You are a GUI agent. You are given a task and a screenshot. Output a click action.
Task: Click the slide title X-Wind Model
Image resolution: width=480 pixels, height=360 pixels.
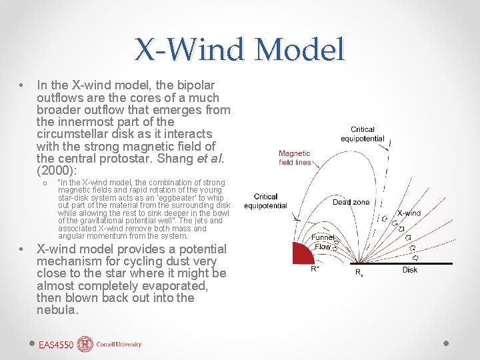(x=240, y=49)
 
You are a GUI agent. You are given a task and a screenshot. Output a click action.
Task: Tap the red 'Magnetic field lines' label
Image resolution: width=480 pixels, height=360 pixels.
(x=295, y=158)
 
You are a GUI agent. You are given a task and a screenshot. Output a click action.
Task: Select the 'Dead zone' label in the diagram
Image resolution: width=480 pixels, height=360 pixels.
(x=351, y=202)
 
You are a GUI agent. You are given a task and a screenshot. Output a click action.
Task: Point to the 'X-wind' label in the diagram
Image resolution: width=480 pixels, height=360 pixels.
(x=409, y=213)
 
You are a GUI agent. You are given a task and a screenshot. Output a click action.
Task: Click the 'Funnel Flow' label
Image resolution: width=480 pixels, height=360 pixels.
(x=323, y=242)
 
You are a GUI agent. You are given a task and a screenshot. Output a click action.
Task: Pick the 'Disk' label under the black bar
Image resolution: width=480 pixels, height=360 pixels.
(x=410, y=270)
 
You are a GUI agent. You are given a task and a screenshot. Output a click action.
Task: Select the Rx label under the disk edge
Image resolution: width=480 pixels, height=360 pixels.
(x=359, y=272)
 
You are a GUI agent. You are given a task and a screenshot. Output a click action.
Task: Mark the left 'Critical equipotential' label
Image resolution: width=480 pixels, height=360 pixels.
(x=265, y=201)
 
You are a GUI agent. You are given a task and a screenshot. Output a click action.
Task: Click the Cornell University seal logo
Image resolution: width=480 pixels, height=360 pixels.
(x=85, y=344)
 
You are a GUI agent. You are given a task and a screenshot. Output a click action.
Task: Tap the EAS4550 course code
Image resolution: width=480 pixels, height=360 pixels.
(x=57, y=345)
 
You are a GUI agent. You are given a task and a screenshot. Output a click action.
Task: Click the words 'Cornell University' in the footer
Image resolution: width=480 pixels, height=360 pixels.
(x=118, y=345)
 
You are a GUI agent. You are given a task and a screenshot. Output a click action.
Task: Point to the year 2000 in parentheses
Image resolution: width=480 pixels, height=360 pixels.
(x=54, y=170)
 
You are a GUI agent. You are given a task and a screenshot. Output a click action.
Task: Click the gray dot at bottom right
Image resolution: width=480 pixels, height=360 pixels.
(x=446, y=343)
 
